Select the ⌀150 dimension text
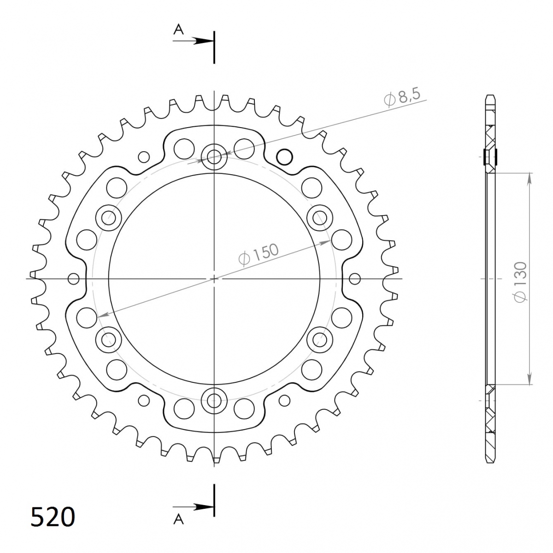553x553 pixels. click(x=258, y=254)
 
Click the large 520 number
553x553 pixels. click(x=53, y=517)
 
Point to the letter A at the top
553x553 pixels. click(x=178, y=29)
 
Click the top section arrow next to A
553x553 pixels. click(x=193, y=41)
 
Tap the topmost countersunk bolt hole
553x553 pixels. click(x=214, y=157)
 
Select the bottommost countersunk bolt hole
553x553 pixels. click(x=214, y=398)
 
